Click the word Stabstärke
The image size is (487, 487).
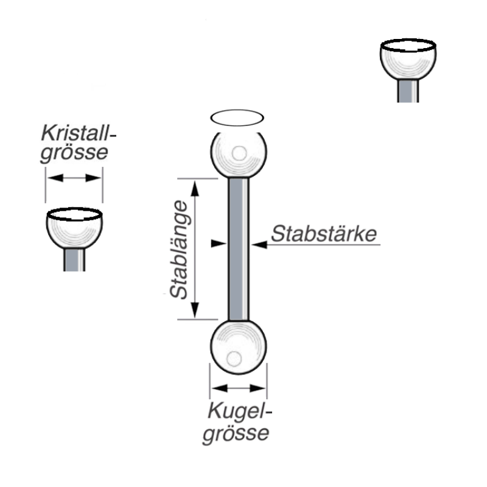(x=324, y=234)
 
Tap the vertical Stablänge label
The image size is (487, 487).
(x=179, y=250)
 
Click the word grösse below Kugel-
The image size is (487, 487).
(x=236, y=433)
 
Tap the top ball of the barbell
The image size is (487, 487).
(x=239, y=153)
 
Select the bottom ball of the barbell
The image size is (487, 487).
(x=238, y=348)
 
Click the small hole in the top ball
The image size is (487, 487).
(x=240, y=153)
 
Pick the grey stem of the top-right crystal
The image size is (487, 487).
(x=408, y=91)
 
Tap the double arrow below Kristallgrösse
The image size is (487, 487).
(x=74, y=178)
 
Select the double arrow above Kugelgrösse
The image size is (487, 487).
(x=238, y=387)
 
